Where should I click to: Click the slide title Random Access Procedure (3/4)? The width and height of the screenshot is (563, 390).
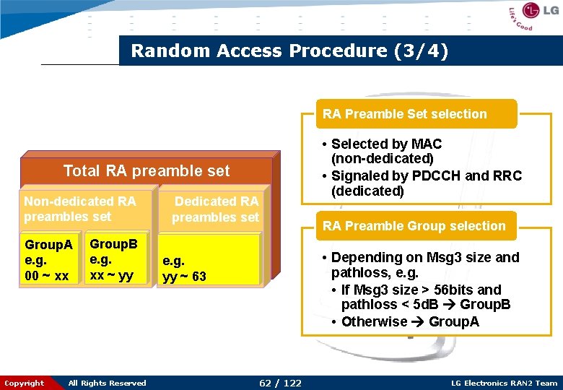289,51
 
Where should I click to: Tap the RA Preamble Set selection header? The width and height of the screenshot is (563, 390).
404,114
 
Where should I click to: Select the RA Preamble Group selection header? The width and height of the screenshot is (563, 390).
414,226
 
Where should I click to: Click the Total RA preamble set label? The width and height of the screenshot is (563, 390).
147,171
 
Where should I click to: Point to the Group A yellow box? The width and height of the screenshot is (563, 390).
48,261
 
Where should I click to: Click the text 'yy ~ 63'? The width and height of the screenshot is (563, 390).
184,276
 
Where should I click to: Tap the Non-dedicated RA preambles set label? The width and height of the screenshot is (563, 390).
79,209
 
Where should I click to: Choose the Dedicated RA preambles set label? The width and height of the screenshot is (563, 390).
215,209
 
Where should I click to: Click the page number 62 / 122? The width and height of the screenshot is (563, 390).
281,383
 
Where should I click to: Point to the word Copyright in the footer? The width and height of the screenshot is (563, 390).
24,383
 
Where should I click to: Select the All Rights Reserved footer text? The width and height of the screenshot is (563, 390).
107,383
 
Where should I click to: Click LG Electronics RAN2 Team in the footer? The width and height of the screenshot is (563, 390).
504,383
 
